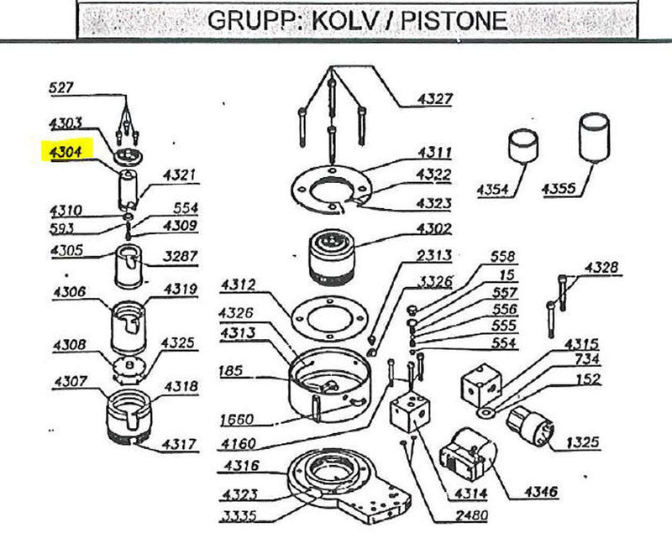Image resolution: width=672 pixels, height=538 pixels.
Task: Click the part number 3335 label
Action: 240,514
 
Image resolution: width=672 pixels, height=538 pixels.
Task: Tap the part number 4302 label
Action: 434,228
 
